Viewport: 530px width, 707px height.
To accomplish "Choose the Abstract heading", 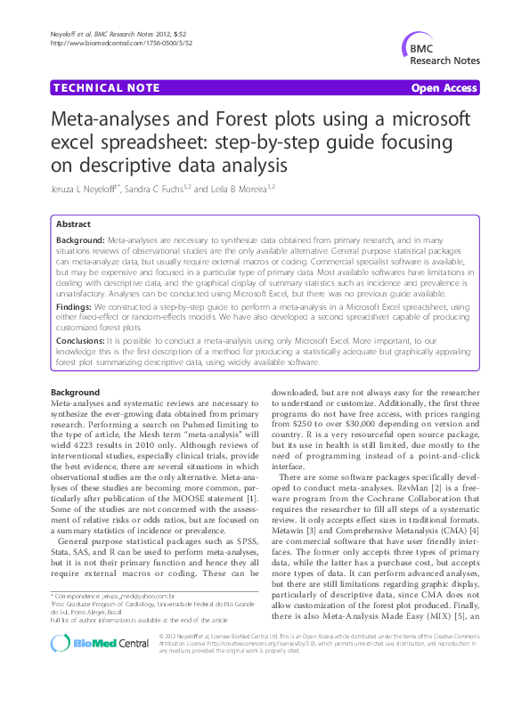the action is tap(73, 224).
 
